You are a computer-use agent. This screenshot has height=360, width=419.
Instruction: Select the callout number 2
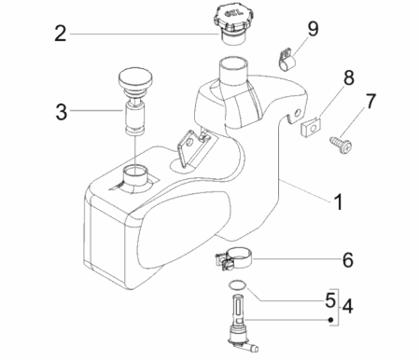coord(61,35)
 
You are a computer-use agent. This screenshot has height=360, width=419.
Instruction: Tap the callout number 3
coord(61,113)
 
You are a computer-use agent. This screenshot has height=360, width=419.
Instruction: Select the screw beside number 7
coord(340,140)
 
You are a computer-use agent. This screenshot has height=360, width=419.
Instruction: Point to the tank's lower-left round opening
coord(136,174)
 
